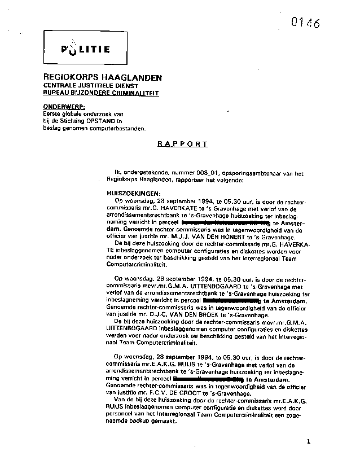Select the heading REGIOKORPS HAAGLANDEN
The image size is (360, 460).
(x=102, y=77)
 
